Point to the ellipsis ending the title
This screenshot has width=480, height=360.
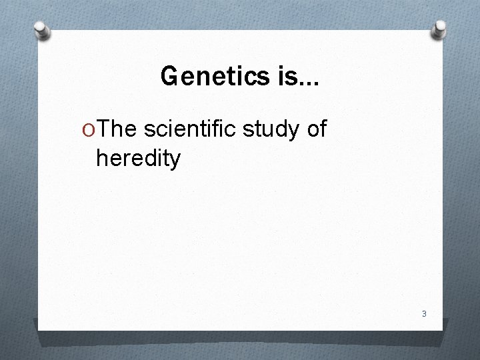305,84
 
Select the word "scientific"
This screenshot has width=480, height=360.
190,129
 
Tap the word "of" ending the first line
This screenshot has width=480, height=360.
316,129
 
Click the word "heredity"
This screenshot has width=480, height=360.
138,159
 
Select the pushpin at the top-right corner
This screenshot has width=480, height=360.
441,28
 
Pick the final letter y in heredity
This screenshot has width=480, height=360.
175,161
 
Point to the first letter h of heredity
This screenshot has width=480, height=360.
101,158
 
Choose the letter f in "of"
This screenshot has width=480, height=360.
323,129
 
